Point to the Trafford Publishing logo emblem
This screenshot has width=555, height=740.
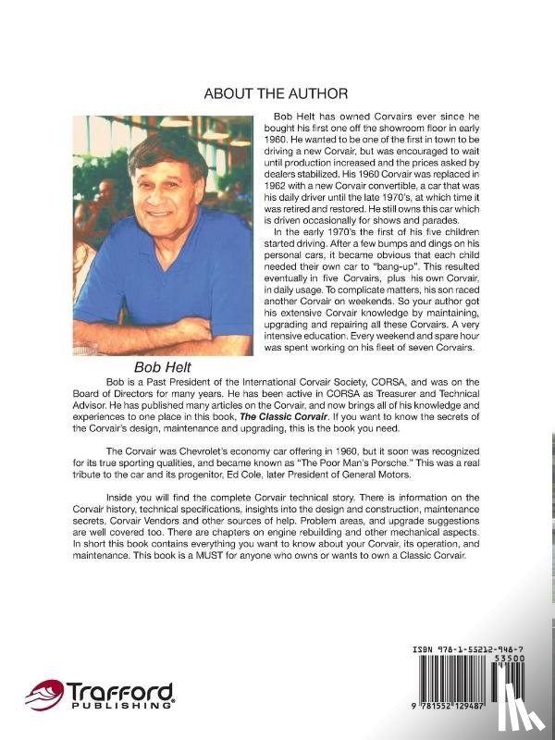click(43, 694)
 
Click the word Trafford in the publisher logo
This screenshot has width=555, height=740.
click(118, 690)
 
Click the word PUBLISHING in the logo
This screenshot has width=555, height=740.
click(119, 706)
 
